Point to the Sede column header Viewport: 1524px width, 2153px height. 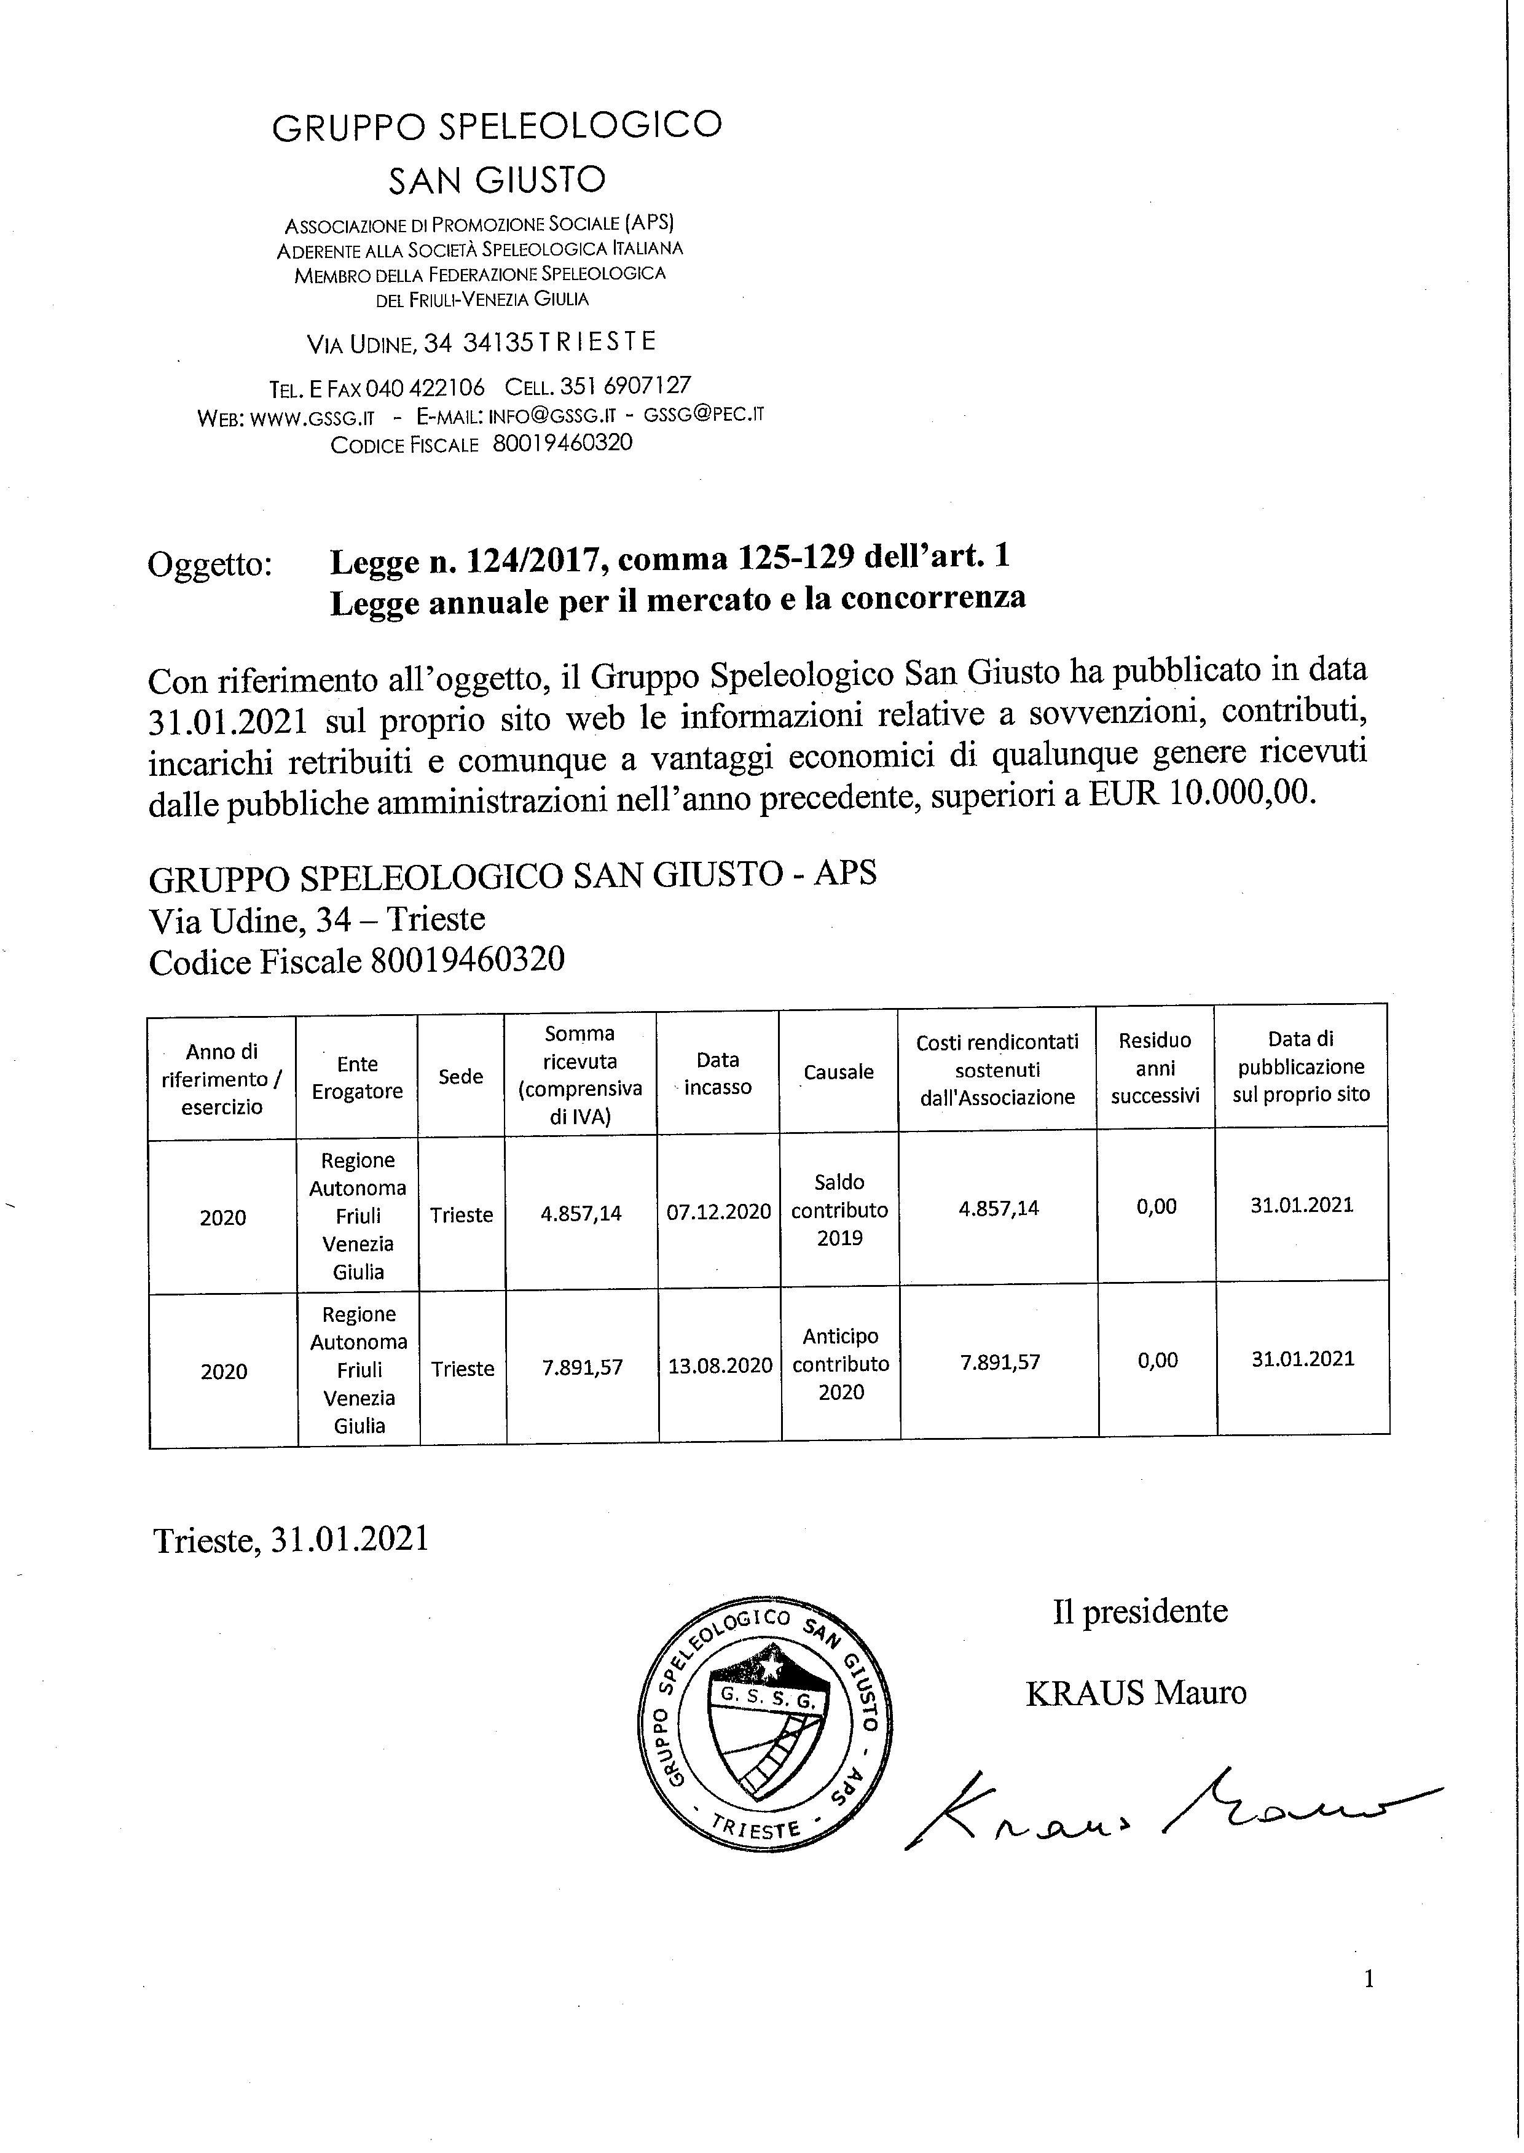point(461,1076)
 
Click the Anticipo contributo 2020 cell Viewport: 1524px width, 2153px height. point(840,1364)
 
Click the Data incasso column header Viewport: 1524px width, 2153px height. point(717,1073)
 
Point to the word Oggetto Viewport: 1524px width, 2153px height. point(210,564)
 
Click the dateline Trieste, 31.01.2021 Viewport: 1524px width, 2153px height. point(291,1539)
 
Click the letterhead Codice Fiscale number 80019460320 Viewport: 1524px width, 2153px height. point(562,443)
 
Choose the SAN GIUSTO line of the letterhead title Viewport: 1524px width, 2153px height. point(497,179)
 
